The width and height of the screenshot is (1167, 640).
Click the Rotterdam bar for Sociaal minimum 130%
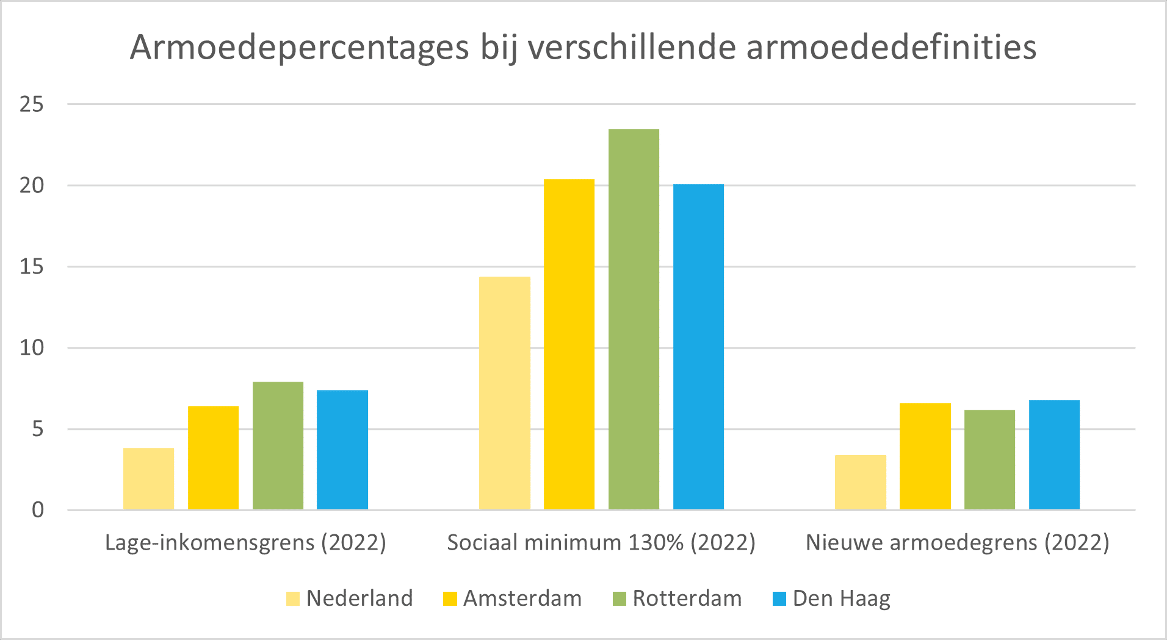click(x=634, y=319)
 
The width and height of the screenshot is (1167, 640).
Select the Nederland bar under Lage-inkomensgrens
click(x=148, y=479)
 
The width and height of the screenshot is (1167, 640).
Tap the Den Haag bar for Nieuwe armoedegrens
click(x=1054, y=454)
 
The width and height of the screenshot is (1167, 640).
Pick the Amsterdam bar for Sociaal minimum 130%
click(x=569, y=344)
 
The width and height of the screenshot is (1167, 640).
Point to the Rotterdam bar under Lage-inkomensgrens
click(x=278, y=445)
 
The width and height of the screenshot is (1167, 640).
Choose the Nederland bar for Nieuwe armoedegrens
click(x=860, y=482)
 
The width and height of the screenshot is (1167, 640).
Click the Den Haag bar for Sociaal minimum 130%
click(x=698, y=346)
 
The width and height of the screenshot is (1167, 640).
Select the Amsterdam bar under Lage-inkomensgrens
click(x=213, y=457)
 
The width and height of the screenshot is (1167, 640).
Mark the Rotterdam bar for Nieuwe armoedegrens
click(x=989, y=459)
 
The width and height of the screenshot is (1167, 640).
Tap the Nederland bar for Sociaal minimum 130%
click(x=504, y=393)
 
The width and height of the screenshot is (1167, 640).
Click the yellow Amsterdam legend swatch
click(x=450, y=598)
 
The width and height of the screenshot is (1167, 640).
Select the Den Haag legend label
click(x=841, y=598)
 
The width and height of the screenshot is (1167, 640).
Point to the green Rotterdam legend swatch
click(x=619, y=598)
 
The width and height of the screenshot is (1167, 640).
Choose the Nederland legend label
click(x=359, y=598)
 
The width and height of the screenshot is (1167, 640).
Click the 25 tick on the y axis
click(x=32, y=104)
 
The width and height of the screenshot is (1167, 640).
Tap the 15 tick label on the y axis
click(x=32, y=267)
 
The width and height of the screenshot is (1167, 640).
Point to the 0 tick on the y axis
click(x=38, y=510)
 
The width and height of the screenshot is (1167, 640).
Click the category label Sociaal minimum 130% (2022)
click(x=601, y=542)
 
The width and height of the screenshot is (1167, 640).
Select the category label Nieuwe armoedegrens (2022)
click(x=957, y=542)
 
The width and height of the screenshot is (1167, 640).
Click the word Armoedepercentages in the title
click(x=299, y=48)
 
